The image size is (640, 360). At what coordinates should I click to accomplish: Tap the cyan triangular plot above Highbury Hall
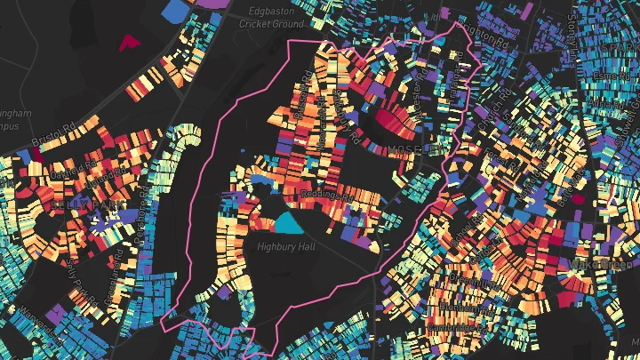point(287,221)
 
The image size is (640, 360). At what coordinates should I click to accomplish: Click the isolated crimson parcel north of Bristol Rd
point(129,41)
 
